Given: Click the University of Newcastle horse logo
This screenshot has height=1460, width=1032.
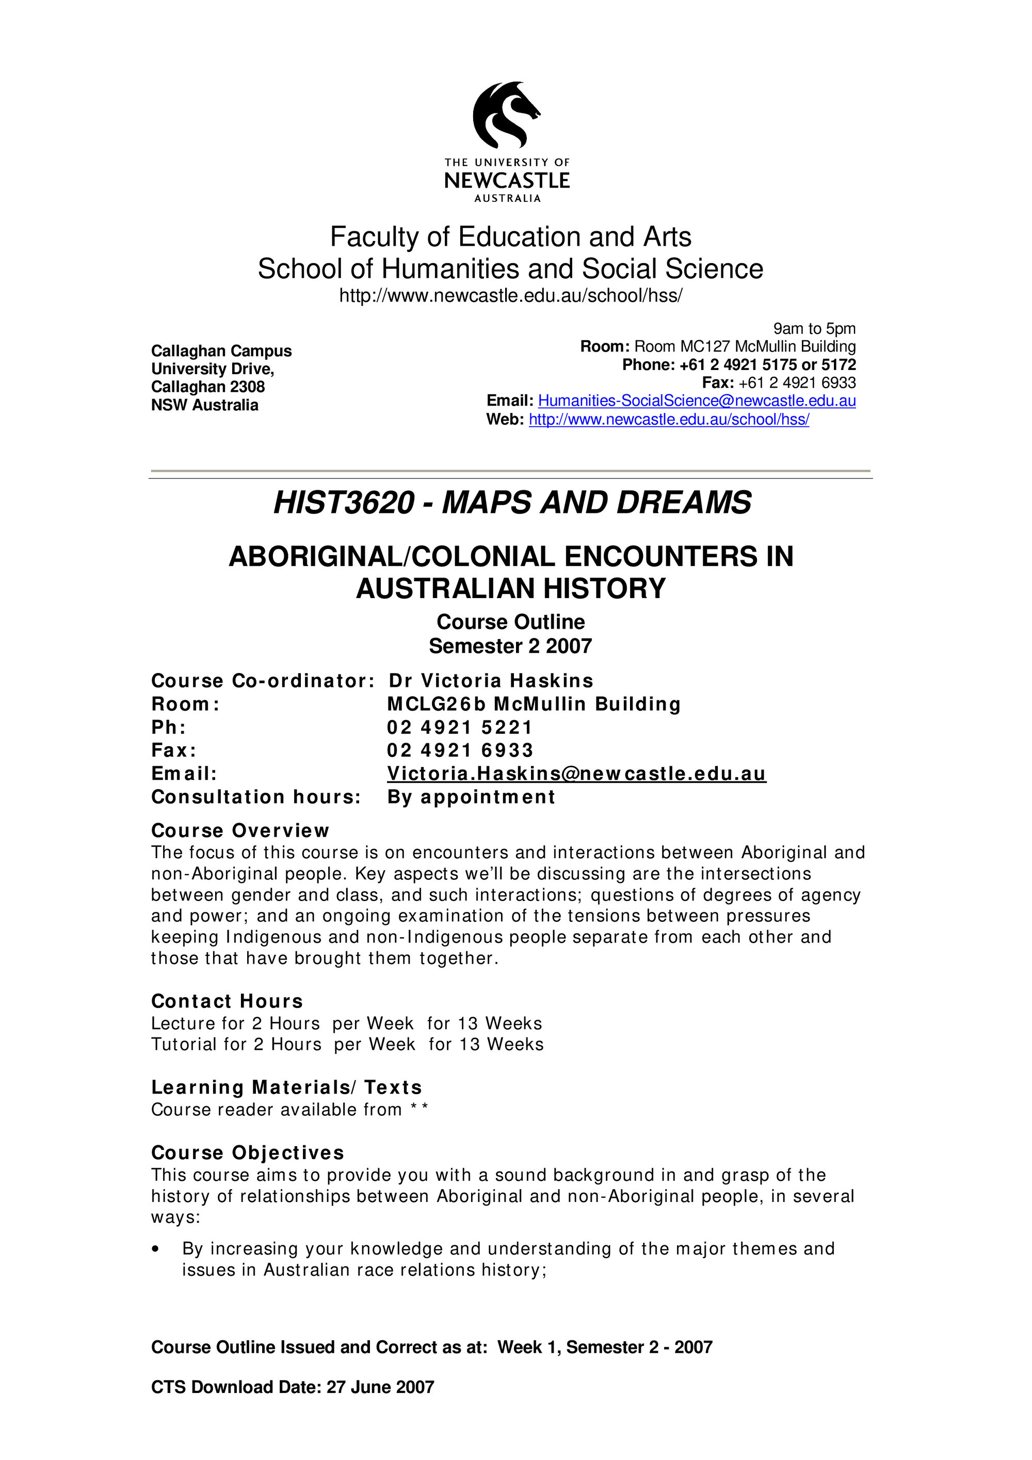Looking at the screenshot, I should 506,115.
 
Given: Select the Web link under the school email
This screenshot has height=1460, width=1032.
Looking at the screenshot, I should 669,420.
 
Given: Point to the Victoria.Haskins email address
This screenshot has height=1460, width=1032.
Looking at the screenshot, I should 576,774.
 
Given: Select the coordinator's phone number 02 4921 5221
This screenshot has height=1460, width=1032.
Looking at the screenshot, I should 460,728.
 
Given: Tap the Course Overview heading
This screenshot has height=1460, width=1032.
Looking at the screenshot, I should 240,831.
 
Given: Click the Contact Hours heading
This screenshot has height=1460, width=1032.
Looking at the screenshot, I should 227,1002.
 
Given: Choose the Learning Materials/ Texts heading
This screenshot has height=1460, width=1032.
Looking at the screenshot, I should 286,1087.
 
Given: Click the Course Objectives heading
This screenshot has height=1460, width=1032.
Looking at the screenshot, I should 247,1153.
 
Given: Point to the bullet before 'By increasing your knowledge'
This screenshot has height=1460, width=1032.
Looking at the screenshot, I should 156,1249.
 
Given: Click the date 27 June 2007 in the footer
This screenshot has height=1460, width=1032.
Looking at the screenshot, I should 380,1387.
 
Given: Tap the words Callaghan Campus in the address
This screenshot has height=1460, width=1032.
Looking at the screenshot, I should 221,351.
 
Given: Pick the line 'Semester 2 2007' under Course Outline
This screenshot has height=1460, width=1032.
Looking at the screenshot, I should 510,646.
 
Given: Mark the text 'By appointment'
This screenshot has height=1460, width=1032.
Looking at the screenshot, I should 471,797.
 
